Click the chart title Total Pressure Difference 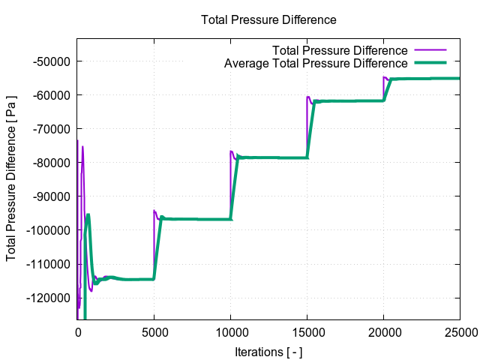[x=268, y=19]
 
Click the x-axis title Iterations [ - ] [x=268, y=352]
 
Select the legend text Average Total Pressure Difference [x=316, y=64]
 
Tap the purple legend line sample [x=430, y=50]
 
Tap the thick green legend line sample [x=430, y=64]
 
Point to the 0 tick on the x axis [x=77, y=332]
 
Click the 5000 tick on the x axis [x=154, y=332]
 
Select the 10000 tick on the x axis [x=230, y=332]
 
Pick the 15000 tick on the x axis [x=307, y=332]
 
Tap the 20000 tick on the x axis [x=383, y=332]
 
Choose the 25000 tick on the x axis [x=460, y=332]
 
